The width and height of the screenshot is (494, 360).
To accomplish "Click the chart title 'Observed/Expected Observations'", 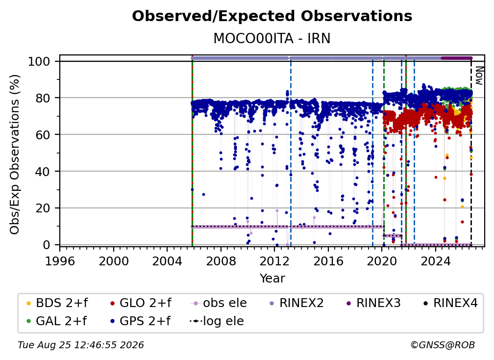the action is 272,16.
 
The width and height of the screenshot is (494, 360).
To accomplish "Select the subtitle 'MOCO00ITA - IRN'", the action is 272,38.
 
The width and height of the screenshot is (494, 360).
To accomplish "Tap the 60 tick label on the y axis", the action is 43,134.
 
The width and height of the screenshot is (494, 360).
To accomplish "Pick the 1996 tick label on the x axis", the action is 60,261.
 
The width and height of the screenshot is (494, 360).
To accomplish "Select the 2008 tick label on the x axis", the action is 221,261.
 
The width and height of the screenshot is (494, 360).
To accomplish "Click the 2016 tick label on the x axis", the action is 328,261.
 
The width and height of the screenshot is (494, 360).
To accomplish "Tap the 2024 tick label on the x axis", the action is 435,261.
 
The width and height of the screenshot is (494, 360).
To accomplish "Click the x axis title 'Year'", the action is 272,279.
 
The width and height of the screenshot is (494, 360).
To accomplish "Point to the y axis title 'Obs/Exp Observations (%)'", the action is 15,154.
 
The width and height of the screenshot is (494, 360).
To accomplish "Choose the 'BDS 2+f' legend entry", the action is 57,303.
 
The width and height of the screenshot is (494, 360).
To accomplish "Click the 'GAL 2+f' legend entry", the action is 56,321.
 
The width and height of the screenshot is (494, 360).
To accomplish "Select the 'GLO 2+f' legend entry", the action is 141,303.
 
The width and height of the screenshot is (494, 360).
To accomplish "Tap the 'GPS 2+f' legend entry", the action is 140,321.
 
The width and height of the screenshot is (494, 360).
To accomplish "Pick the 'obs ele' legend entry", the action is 219,303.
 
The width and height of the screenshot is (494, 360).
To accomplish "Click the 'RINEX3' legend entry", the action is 373,303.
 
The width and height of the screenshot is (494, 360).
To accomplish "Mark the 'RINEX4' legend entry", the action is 450,303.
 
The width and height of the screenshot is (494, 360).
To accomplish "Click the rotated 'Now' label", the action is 479,76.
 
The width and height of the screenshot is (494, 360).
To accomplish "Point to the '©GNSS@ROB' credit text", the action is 443,345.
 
